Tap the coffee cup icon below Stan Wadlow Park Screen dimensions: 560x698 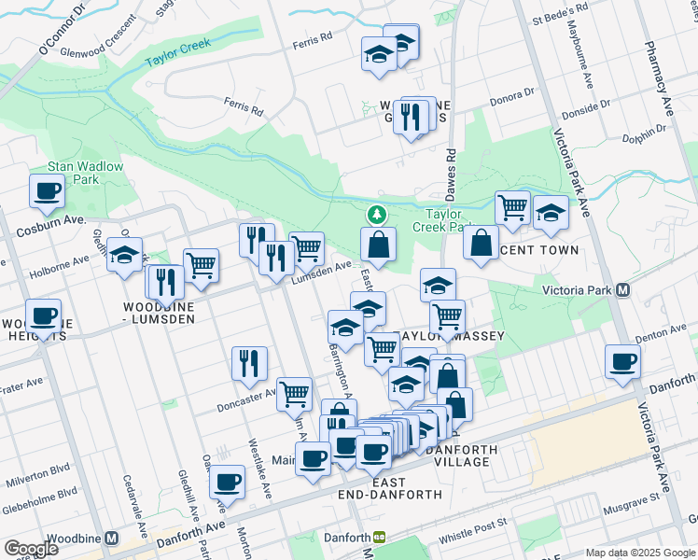click(47, 191)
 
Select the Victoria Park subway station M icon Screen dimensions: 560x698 click(622, 290)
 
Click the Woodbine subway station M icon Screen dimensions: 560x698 click(111, 539)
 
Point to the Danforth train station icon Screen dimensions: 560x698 click(380, 538)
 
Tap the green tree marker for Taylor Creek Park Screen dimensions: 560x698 click(377, 215)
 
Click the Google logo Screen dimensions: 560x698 click(30, 549)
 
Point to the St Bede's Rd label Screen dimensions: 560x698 click(559, 18)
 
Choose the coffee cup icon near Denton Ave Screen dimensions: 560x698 click(622, 362)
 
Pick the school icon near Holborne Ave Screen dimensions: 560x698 click(123, 256)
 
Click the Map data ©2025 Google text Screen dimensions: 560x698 click(640, 553)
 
